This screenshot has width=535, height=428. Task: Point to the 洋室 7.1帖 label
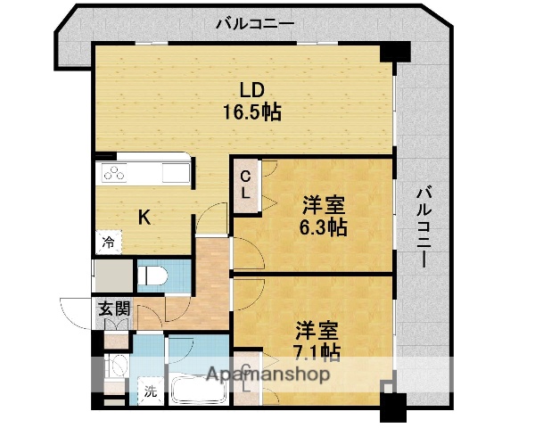[x=317, y=338]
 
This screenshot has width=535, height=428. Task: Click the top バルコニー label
[x=255, y=23]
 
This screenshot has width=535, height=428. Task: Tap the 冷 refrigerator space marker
[x=107, y=241]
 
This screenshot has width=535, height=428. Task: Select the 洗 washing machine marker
[x=151, y=390]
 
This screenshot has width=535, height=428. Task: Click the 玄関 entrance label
[x=113, y=309]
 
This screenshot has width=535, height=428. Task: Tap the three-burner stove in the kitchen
[x=116, y=173]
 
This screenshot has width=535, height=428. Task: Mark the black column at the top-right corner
[x=393, y=52]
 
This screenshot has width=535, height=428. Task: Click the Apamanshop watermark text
[x=267, y=374]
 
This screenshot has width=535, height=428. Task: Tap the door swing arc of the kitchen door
[x=207, y=218]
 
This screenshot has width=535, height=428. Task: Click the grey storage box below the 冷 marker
[x=111, y=274]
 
